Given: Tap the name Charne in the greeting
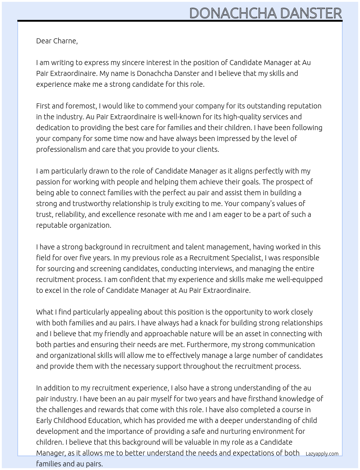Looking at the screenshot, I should point(65,41).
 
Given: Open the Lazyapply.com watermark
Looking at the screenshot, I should point(322,454).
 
